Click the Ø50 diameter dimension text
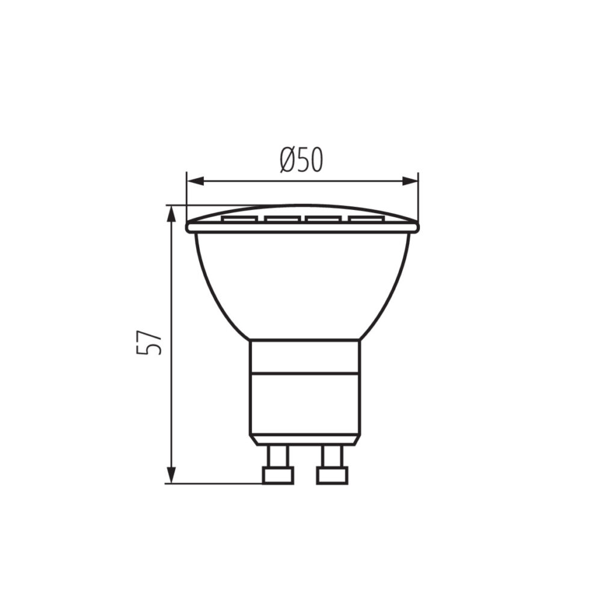point(302,160)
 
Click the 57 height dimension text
point(149,342)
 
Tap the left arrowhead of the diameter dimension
point(196,181)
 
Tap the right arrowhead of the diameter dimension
point(409,181)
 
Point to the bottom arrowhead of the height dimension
point(171,474)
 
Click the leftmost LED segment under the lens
point(239,219)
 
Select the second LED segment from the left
point(283,219)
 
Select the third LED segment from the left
point(324,219)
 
